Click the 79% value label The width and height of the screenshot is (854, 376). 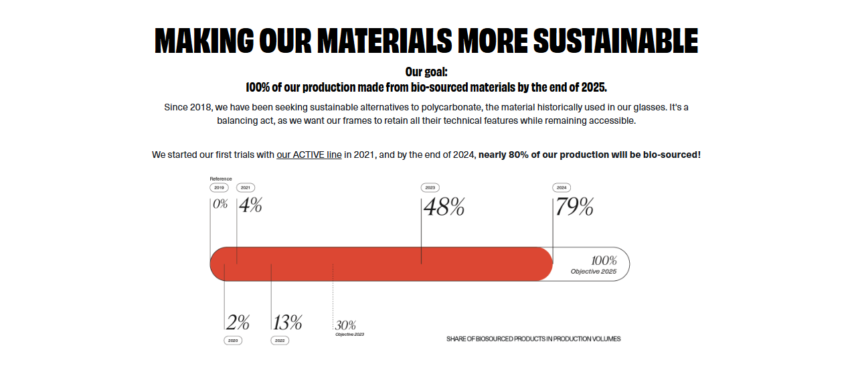pyautogui.click(x=574, y=207)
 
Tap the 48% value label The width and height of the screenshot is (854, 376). pyautogui.click(x=444, y=207)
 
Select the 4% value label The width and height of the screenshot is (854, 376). pyautogui.click(x=250, y=205)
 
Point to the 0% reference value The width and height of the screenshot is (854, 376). pyautogui.click(x=220, y=204)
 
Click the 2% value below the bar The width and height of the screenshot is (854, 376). pyautogui.click(x=238, y=322)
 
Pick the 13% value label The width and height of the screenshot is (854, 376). pyautogui.click(x=288, y=322)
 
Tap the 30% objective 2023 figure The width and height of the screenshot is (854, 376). pyautogui.click(x=346, y=325)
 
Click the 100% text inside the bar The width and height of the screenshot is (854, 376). pyautogui.click(x=604, y=261)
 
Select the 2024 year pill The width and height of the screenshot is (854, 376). pyautogui.click(x=562, y=188)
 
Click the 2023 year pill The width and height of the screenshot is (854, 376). pyautogui.click(x=430, y=188)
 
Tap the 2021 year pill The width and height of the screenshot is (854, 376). pyautogui.click(x=246, y=188)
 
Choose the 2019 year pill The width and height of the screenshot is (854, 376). pyautogui.click(x=220, y=188)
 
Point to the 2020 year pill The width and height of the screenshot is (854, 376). pyautogui.click(x=233, y=341)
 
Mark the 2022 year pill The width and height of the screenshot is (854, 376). pyautogui.click(x=280, y=341)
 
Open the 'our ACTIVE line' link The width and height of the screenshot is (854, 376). pyautogui.click(x=309, y=155)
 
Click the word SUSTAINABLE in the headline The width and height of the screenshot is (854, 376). pyautogui.click(x=616, y=41)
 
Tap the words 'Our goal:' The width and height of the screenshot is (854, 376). pyautogui.click(x=426, y=72)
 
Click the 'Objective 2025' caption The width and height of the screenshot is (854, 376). pyautogui.click(x=594, y=272)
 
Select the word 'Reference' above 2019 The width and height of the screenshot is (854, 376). pyautogui.click(x=221, y=179)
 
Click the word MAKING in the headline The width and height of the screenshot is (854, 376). pyautogui.click(x=204, y=41)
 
